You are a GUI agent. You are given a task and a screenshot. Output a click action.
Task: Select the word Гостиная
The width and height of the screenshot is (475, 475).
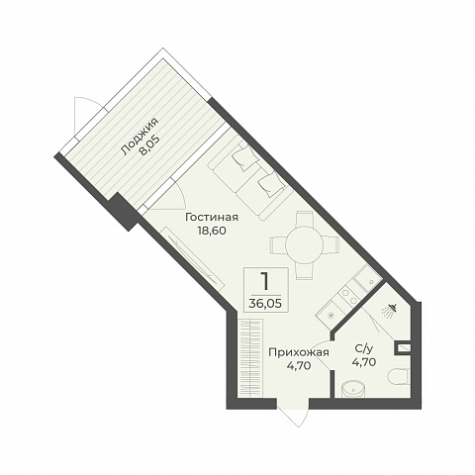(x=212, y=218)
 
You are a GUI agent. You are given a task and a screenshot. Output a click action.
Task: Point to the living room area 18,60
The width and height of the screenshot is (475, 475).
(x=212, y=231)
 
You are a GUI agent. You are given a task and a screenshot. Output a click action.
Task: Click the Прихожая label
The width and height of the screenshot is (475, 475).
(x=299, y=352)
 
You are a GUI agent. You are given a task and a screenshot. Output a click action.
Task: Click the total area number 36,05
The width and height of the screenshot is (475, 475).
(x=265, y=303)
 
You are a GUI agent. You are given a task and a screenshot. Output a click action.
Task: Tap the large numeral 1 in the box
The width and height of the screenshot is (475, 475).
(x=264, y=282)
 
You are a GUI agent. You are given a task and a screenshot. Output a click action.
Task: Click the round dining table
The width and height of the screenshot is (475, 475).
(x=304, y=244)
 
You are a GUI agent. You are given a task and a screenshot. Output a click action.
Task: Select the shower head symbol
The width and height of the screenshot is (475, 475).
(x=390, y=311)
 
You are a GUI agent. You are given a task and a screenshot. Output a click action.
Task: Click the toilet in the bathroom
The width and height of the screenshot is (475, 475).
(x=399, y=376)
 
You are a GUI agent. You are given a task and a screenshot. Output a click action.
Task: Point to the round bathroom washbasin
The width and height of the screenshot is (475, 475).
(x=352, y=389)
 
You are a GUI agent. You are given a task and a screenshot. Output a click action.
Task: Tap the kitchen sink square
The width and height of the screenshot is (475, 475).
(x=368, y=279)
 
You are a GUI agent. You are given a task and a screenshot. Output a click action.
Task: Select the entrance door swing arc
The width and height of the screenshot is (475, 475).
(x=294, y=414)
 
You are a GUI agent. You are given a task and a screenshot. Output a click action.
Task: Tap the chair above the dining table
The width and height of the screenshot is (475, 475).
(x=304, y=218)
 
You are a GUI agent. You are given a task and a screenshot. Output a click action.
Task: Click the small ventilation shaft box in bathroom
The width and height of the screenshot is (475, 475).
(x=403, y=348)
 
